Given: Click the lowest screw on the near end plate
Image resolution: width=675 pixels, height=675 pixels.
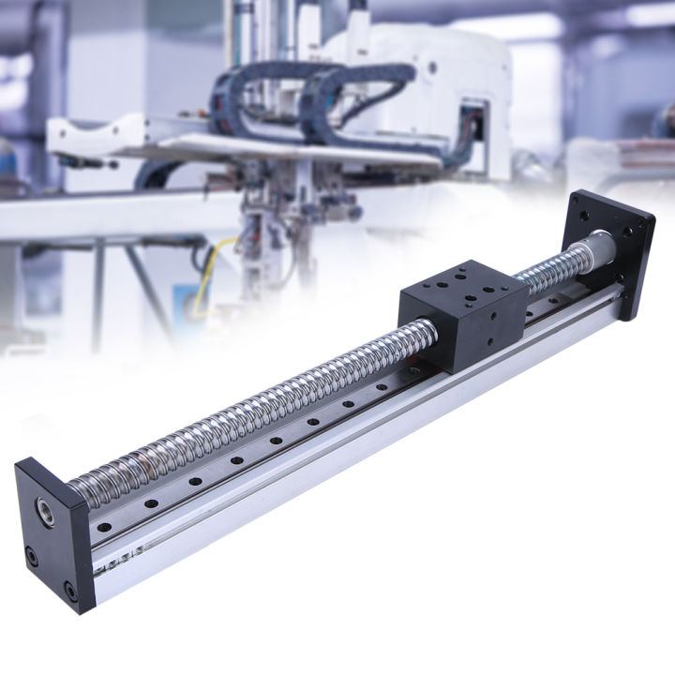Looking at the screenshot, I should (71, 591).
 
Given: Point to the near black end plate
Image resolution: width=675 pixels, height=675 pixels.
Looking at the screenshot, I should (52, 534).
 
